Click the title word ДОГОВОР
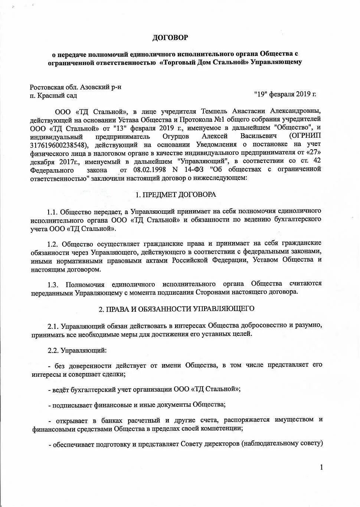[170, 37]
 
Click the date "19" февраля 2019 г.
[285, 94]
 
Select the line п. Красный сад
[53, 96]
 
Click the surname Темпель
[214, 111]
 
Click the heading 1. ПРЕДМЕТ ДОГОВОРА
[176, 194]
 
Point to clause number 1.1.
[52, 212]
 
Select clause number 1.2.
[53, 244]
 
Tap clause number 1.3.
[53, 285]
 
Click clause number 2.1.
[53, 326]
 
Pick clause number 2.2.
[53, 350]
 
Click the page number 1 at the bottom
[321, 467]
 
